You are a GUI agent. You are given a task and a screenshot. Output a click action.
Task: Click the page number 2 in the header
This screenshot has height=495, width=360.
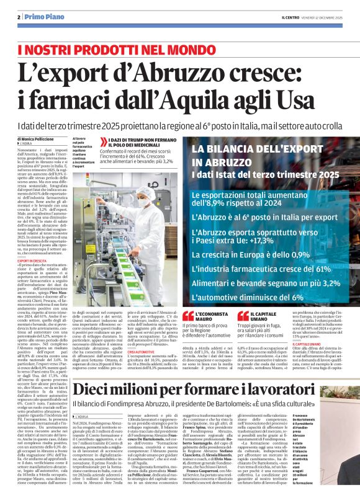20,17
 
